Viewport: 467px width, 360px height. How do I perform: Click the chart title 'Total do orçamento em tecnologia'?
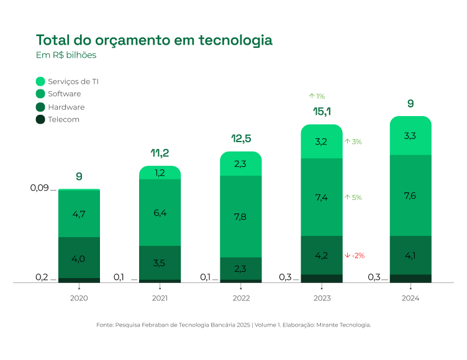(154, 40)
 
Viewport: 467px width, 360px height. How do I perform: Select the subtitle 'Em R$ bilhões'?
(66, 55)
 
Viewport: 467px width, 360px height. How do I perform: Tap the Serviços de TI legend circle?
(41, 81)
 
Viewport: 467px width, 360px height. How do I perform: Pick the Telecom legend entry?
(63, 119)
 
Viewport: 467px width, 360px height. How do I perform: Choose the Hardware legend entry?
(66, 107)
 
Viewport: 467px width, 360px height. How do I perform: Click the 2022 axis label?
(241, 299)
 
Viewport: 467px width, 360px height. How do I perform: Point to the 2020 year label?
(79, 299)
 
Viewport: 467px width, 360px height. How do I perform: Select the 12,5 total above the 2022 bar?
(240, 138)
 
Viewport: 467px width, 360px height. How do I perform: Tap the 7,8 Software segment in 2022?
(241, 217)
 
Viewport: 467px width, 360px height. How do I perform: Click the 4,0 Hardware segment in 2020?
(79, 258)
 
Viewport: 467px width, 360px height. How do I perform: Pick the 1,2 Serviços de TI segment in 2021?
(160, 173)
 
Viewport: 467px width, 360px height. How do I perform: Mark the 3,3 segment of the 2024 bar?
(410, 135)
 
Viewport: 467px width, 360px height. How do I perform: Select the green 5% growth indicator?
(353, 197)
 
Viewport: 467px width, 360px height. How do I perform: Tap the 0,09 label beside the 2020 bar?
(40, 188)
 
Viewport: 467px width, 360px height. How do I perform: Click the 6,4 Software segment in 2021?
(160, 213)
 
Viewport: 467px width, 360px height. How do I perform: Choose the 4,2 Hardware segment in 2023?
(321, 255)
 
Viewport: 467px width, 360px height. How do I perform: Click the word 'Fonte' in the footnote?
(104, 325)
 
